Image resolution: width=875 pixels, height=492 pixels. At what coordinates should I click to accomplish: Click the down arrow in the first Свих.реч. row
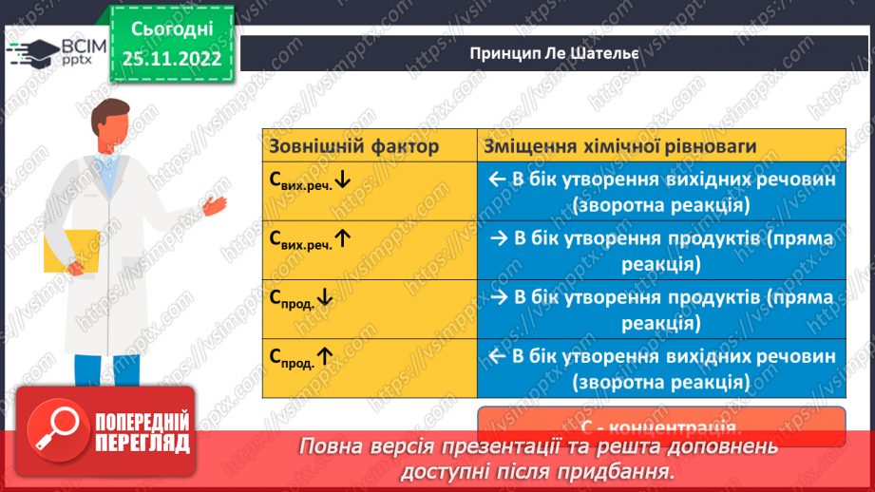pos(343,180)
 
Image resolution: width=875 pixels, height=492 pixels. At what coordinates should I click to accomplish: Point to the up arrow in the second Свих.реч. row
pos(343,238)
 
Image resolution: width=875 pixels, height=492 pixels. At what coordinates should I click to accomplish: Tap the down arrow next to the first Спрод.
pos(325,297)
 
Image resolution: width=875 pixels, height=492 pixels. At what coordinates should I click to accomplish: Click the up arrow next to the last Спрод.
pos(325,356)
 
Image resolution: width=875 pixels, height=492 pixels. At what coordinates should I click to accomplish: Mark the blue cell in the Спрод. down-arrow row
pos(661,309)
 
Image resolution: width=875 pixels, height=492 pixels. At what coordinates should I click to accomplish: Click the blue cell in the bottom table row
pos(661,368)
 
